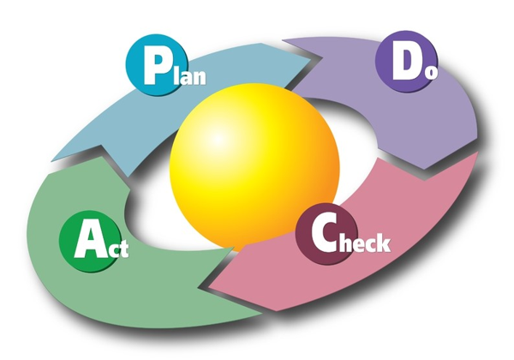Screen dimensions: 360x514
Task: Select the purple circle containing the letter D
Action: [x=402, y=60]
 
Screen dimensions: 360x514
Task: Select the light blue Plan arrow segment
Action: [x=94, y=120]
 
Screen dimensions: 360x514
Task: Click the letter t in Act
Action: [x=124, y=252]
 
